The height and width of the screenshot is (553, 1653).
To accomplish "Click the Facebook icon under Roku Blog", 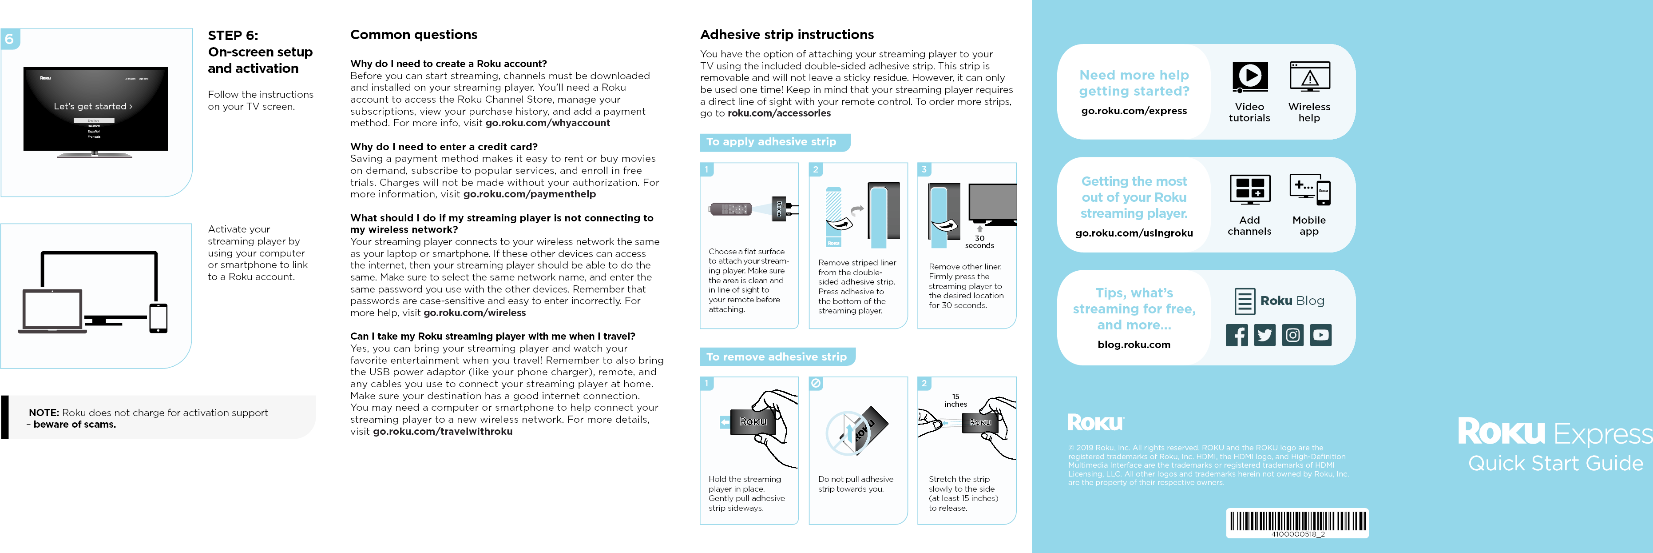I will coord(1237,335).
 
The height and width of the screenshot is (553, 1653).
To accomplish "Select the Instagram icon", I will coord(1292,335).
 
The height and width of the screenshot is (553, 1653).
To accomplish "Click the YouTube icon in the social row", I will coord(1320,335).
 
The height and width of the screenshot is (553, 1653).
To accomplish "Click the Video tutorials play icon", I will coord(1249,77).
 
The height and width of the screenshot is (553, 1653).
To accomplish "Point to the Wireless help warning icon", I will coord(1309,77).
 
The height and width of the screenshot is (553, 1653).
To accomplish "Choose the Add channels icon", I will coord(1249,189).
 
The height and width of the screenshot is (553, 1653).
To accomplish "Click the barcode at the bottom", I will coord(1297,521).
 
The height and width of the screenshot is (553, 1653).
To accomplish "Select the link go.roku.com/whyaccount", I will coord(547,123).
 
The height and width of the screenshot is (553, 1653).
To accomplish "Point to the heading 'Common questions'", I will coord(413,35).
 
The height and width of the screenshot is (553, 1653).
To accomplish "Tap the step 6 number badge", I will coord(10,39).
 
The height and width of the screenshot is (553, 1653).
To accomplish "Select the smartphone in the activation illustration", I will coord(158,318).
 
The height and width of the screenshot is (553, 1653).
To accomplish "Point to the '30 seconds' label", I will coord(979,241).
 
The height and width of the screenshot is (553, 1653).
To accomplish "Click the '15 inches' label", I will coord(955,400).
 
